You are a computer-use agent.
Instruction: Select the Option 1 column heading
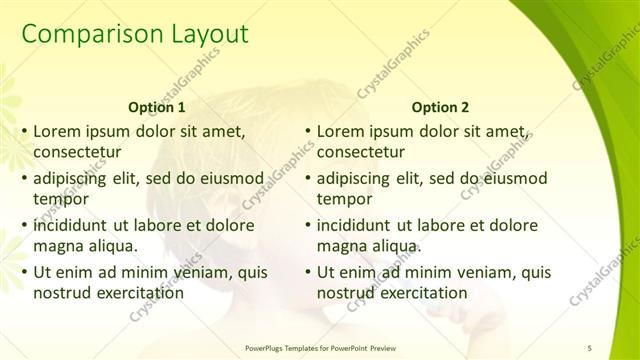(x=158, y=107)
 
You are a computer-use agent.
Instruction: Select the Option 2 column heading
(x=441, y=107)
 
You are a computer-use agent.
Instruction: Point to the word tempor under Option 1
(x=61, y=199)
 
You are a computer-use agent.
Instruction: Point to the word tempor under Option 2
(x=345, y=199)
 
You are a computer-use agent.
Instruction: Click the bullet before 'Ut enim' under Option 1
(x=24, y=271)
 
